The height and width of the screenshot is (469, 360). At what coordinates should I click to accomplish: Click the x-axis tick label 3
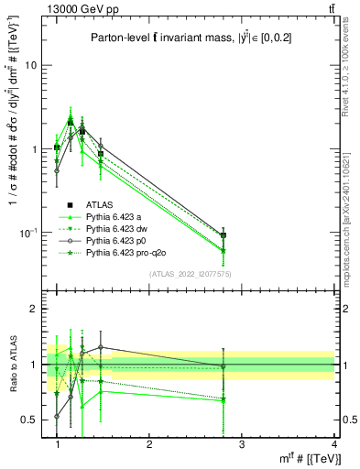[242, 443]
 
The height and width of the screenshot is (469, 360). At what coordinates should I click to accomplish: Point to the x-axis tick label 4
[333, 443]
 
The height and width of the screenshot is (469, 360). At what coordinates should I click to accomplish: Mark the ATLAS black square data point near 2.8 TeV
[224, 235]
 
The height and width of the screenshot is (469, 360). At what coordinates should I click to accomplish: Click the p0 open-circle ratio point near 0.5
[57, 416]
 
